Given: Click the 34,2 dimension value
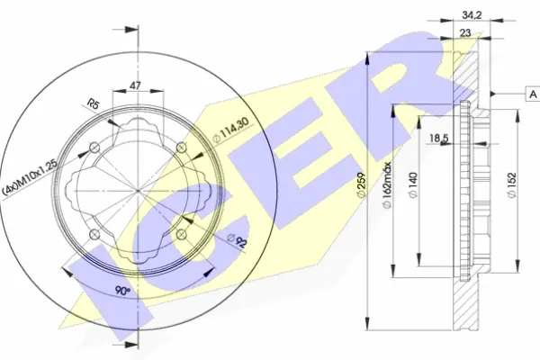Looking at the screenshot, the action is tap(472, 15).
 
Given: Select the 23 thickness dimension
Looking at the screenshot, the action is tap(465, 33).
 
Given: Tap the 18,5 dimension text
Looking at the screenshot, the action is tap(439, 138).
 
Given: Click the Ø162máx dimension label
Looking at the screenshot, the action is tap(388, 185).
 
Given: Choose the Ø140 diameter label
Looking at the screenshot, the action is tap(413, 185).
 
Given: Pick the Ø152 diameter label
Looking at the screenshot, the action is tap(512, 185).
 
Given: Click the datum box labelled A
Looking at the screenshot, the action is tap(533, 94).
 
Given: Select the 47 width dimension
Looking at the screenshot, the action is tap(135, 85).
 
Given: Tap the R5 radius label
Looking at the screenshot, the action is tap(93, 103).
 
